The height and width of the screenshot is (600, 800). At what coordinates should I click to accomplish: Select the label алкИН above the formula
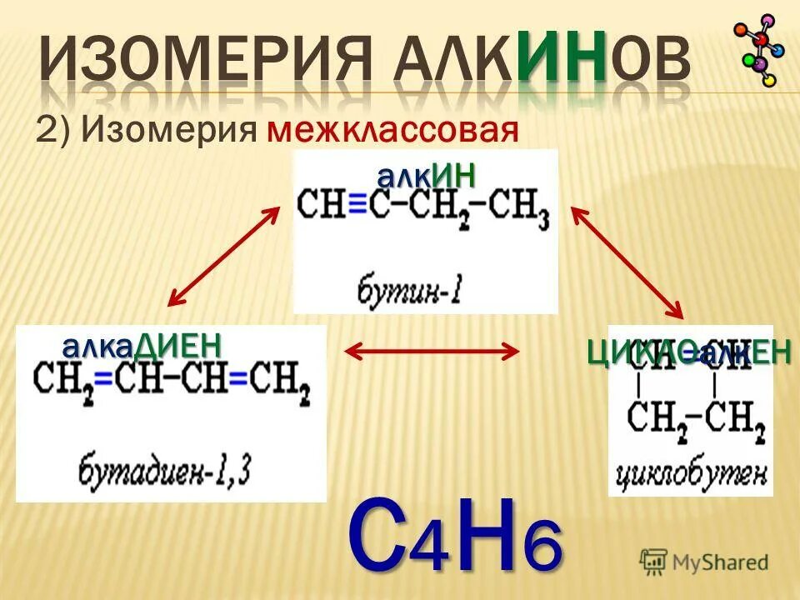pyautogui.click(x=426, y=176)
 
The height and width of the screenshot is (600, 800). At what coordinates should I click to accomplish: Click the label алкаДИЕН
pyautogui.click(x=142, y=344)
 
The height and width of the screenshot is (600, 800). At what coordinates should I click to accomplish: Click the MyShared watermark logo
pyautogui.click(x=704, y=562)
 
